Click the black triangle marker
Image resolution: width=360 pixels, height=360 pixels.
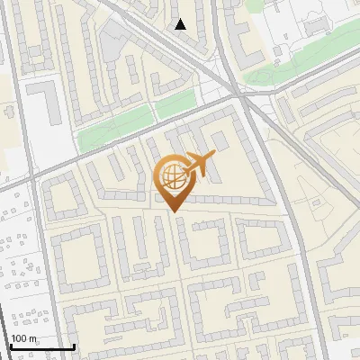pos(181,24)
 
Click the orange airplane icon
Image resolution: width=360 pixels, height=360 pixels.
pos(200,164)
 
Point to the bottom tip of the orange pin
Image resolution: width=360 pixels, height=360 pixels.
pos(172,211)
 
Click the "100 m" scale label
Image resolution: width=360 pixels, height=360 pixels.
pos(25,338)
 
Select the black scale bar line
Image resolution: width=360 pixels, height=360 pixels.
pos(41,346)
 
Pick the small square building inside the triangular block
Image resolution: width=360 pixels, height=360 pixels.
pos(220,139)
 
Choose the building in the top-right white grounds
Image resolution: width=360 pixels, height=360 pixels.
pos(317,21)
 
